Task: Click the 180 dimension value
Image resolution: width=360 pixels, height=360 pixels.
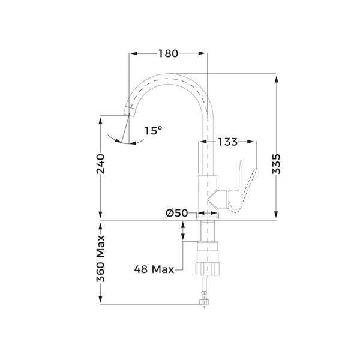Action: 168,53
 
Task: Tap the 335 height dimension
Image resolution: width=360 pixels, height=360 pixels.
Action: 276,164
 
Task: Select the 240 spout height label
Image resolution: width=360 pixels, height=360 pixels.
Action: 100,164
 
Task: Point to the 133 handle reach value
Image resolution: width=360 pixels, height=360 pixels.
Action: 227,142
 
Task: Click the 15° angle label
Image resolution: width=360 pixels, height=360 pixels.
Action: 153,130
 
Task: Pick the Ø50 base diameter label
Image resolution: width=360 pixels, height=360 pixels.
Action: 176,213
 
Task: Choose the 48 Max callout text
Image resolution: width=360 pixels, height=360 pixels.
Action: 154,269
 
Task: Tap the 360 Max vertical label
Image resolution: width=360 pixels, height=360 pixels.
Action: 100,258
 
